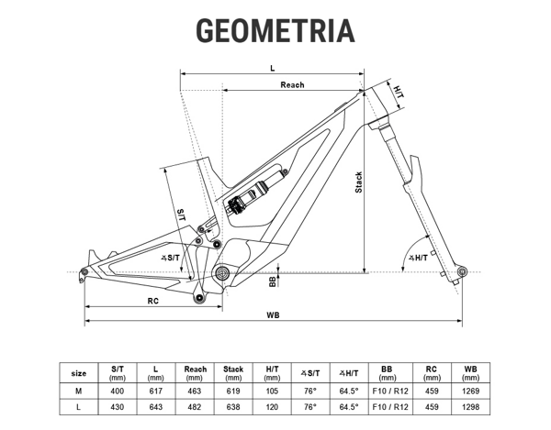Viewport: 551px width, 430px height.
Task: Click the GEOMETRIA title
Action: click(x=275, y=31)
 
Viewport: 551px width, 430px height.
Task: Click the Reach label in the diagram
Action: click(x=292, y=85)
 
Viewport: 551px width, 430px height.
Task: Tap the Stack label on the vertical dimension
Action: click(x=358, y=182)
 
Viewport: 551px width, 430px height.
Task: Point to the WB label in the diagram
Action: click(x=273, y=315)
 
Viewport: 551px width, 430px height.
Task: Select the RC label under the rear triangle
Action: click(x=152, y=301)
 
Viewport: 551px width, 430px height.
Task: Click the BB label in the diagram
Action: click(x=273, y=281)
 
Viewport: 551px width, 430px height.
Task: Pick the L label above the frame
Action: click(x=273, y=68)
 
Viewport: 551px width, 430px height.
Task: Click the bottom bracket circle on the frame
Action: click(x=222, y=272)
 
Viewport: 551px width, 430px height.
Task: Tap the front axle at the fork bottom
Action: click(x=462, y=271)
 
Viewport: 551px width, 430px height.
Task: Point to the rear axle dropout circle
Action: click(x=84, y=271)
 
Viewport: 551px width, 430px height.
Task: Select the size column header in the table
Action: click(x=79, y=373)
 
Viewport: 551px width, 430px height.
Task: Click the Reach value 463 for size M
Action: click(x=195, y=391)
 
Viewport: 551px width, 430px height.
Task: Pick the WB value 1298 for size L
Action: click(x=470, y=407)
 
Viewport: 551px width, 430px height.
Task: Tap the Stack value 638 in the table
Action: click(x=233, y=407)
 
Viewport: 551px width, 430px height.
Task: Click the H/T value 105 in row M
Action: click(x=272, y=391)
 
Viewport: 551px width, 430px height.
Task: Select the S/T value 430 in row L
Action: click(x=117, y=407)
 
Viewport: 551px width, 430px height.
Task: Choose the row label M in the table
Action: click(x=78, y=391)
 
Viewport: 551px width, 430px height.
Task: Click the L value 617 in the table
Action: click(x=156, y=391)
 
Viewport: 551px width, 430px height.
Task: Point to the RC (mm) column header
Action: click(x=432, y=373)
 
